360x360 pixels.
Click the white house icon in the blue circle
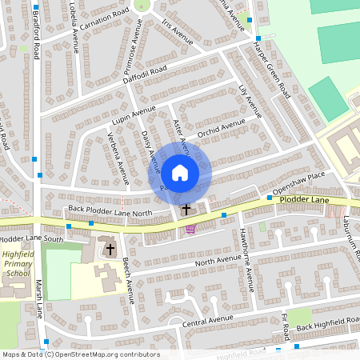pos(180,171)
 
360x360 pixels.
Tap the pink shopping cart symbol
pos(190,229)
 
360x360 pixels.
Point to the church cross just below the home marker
pos(186,210)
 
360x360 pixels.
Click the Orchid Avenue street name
pos(222,126)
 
